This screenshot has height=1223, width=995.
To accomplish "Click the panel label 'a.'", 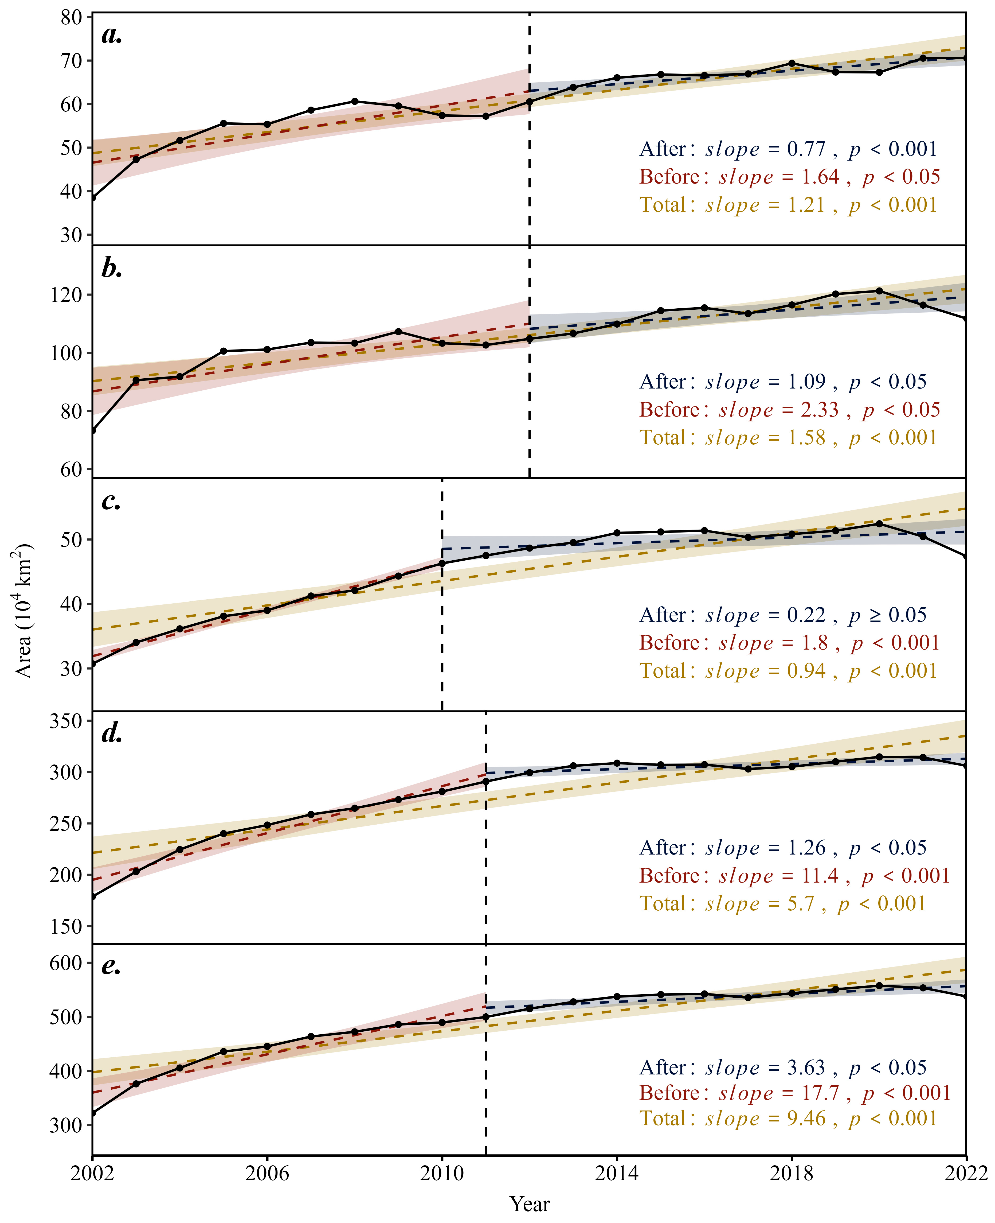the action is tap(112, 36).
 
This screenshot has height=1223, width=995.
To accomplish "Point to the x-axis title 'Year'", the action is tap(530, 1204).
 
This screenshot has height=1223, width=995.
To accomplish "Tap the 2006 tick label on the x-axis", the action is tap(267, 1174).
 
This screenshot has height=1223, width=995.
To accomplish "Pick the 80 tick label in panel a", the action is tap(72, 17).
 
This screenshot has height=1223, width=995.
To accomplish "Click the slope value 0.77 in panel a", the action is tap(806, 149).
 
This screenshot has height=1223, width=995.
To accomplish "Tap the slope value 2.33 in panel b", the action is tap(820, 410).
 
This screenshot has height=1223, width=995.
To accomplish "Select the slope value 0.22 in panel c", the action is tap(806, 615).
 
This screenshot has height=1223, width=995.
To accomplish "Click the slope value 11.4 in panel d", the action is tap(820, 876).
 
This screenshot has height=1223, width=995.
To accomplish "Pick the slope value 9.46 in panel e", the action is tap(806, 1119).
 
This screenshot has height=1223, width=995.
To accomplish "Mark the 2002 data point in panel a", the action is tap(93, 198).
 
